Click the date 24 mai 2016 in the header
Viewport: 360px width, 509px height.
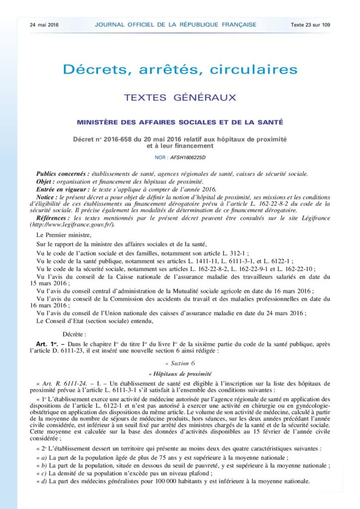(x=44, y=24)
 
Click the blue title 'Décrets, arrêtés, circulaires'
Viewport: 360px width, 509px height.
(x=180, y=69)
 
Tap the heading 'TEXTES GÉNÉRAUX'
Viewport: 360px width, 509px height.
(x=180, y=97)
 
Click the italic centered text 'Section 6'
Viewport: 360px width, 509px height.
(x=180, y=363)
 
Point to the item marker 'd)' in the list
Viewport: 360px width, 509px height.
(x=44, y=481)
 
